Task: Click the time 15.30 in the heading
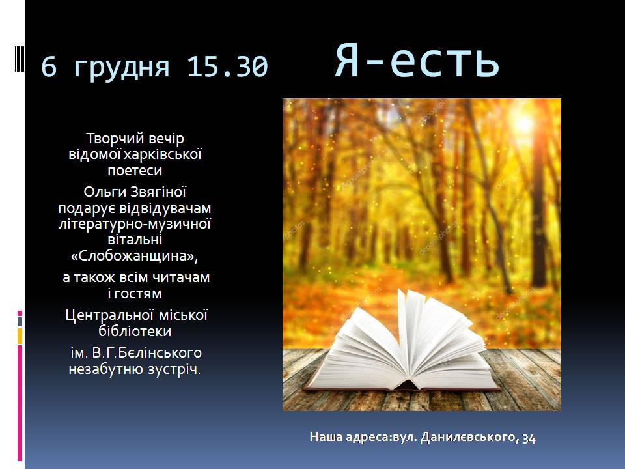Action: point(227,66)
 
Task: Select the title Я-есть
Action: point(417,60)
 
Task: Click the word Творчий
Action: point(115,139)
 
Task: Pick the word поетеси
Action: point(135,170)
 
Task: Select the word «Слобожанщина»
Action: point(134,255)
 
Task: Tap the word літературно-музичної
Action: point(135,224)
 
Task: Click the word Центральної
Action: point(109,315)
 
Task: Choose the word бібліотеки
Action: point(135,331)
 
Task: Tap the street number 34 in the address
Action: point(529,438)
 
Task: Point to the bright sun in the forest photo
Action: point(522,123)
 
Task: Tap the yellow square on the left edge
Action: point(20,336)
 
